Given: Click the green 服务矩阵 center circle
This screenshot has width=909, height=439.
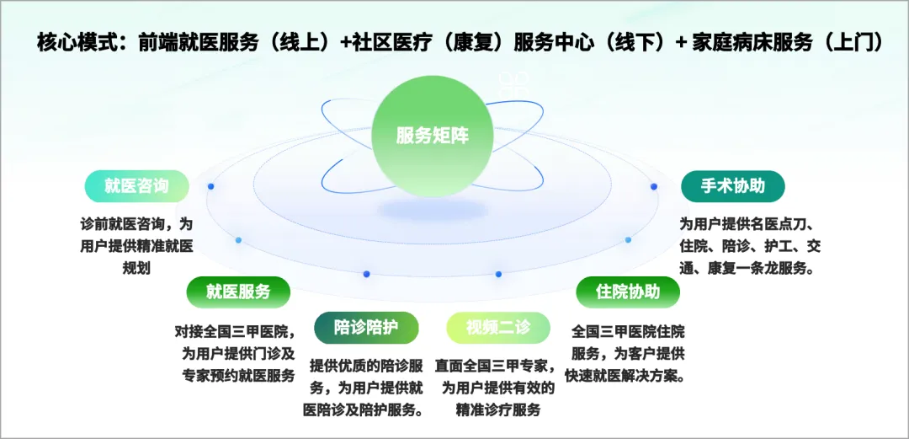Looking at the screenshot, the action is click(x=432, y=137).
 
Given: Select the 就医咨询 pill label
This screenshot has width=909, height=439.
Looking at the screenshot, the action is click(x=137, y=186).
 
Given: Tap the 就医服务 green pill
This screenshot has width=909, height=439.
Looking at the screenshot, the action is click(x=238, y=292).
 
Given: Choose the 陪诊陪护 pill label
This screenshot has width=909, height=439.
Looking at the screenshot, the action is click(x=366, y=328).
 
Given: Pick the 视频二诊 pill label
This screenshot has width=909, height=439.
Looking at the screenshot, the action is click(x=498, y=328).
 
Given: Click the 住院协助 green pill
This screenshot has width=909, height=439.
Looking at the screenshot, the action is click(x=628, y=292).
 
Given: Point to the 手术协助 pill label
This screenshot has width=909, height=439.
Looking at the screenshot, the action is click(x=733, y=186).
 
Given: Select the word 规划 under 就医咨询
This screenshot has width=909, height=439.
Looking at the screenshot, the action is click(x=137, y=268).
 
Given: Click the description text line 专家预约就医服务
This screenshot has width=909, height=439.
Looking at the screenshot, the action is click(x=239, y=375).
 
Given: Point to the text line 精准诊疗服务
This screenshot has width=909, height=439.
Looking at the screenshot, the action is click(x=498, y=410).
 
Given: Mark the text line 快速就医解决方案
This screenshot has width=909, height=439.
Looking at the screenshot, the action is click(x=628, y=375).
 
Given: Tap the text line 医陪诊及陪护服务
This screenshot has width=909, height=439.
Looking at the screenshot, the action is click(x=362, y=410).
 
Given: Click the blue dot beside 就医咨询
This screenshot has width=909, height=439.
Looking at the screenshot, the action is click(x=211, y=186).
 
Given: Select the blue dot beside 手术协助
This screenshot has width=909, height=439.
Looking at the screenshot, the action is click(x=654, y=186).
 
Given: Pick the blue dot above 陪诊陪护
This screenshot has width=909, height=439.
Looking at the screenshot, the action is click(x=366, y=274).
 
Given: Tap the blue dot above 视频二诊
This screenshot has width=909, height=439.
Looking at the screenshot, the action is click(x=498, y=274).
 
